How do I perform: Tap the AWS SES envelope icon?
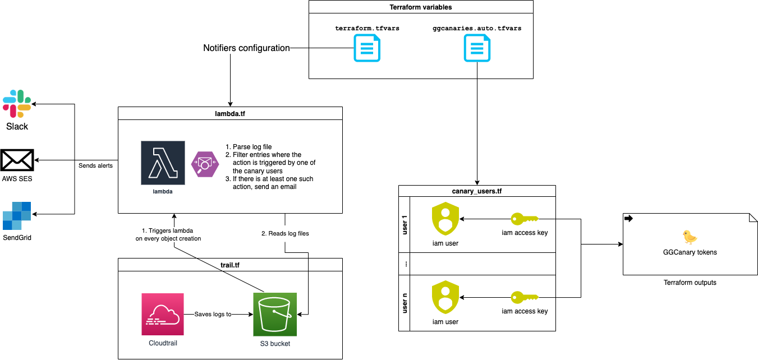[x=17, y=160]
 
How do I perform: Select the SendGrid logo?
[x=17, y=215]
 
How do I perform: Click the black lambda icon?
[x=163, y=163]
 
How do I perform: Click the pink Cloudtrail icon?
[x=163, y=314]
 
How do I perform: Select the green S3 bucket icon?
[x=275, y=314]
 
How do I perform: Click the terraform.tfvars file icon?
[x=367, y=48]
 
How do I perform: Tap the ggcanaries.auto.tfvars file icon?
[x=477, y=48]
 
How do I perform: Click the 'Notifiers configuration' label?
[x=246, y=48]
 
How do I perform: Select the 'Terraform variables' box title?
[x=420, y=7]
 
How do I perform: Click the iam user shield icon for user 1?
[x=445, y=219]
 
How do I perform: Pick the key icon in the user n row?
[x=524, y=297]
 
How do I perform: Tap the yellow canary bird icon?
[x=690, y=237]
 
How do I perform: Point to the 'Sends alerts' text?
[x=95, y=165]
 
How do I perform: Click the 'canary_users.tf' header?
[x=476, y=191]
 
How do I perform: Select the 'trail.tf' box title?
[x=230, y=264]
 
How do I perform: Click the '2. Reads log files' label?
[x=286, y=233]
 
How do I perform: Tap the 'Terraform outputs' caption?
[x=690, y=283]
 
